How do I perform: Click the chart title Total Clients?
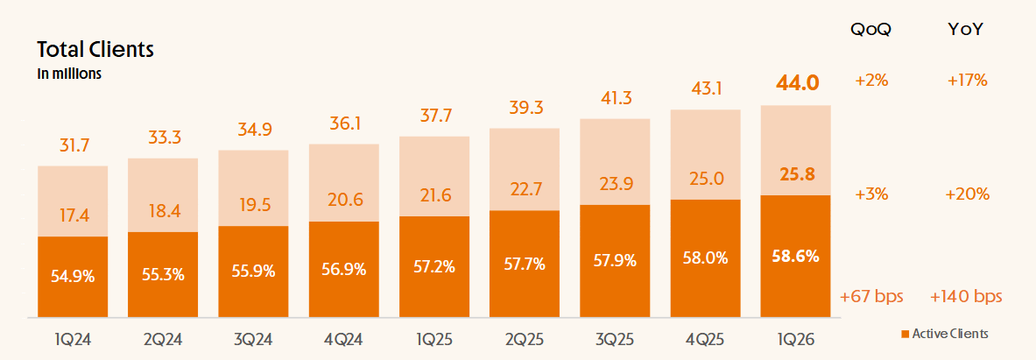(x=95, y=50)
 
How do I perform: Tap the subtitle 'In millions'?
(x=69, y=74)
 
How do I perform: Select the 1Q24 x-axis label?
(x=73, y=340)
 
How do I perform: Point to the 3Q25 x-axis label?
(x=615, y=340)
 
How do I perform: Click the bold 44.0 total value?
(x=797, y=83)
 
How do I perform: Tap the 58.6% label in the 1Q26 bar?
(x=797, y=257)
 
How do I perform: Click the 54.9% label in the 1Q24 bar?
(x=73, y=277)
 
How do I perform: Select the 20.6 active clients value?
(x=343, y=200)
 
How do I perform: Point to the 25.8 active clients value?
(x=797, y=174)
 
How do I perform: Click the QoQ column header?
(x=870, y=29)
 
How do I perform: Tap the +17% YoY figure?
(x=968, y=81)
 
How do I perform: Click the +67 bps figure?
(x=871, y=297)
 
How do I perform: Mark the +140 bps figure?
(x=966, y=297)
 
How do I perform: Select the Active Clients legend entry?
(x=946, y=335)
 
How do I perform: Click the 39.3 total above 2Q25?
(x=525, y=108)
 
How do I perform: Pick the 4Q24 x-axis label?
(x=343, y=340)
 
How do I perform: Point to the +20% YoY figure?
(x=968, y=194)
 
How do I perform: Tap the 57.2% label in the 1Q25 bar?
(x=434, y=267)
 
